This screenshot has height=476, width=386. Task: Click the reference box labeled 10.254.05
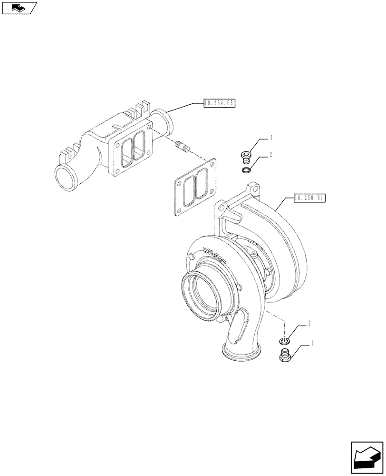[219, 103]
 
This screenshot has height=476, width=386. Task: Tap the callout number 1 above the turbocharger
[271, 138]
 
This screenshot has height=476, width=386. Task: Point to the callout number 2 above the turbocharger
[271, 155]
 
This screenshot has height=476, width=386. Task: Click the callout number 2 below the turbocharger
[309, 323]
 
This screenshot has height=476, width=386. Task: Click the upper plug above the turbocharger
[246, 156]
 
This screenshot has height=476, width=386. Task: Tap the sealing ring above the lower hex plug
[285, 341]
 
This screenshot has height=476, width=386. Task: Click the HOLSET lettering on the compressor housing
[215, 256]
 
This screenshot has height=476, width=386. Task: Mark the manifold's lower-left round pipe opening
[66, 178]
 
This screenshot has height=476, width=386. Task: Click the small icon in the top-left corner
[19, 8]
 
